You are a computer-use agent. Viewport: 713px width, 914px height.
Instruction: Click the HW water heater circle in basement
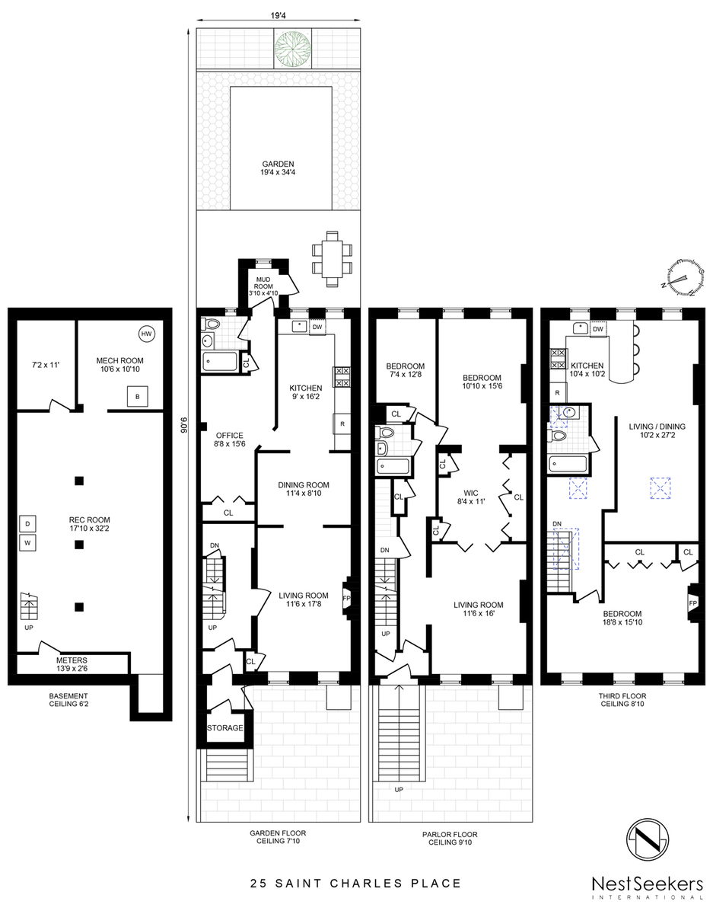pos(146,334)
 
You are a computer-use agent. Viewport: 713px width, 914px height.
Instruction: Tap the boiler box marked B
pos(138,396)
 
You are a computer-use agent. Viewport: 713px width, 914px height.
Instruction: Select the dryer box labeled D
pos(27,524)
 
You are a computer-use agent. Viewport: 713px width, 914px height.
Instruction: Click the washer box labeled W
pos(27,542)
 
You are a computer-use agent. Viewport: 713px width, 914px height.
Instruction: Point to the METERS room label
pos(72,660)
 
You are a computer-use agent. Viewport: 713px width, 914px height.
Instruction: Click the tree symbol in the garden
pos(293,47)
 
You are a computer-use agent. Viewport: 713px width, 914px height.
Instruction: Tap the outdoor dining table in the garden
pos(332,259)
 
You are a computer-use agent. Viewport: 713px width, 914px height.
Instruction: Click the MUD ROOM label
pos(263,283)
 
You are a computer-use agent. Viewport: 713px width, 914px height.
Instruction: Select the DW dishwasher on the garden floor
pos(317,327)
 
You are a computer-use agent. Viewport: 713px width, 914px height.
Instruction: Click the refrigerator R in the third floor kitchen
pos(558,393)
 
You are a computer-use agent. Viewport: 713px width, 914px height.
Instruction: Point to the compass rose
pos(683,277)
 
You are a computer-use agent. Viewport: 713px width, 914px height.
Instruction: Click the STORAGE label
pos(225,727)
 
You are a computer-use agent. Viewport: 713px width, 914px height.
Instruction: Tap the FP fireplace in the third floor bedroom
pos(692,602)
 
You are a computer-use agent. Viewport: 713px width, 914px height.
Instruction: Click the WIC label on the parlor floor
pos(470,493)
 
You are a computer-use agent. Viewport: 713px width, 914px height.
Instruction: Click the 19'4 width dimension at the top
pos(279,15)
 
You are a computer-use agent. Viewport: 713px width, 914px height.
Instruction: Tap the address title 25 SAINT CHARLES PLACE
pos(356,883)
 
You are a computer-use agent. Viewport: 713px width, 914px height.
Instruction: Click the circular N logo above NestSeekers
pos(648,839)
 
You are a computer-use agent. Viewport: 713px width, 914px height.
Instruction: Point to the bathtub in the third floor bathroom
pos(568,465)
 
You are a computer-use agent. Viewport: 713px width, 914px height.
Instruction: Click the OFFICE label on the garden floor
pos(229,436)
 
